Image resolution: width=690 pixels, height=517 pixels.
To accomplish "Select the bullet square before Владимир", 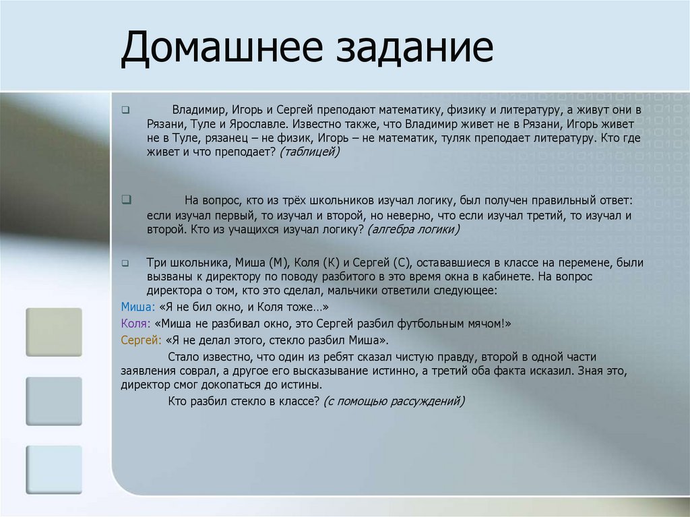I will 125,109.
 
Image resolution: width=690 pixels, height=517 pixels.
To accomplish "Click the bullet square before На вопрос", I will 125,200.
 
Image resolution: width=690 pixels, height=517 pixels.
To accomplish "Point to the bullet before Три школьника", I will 125,262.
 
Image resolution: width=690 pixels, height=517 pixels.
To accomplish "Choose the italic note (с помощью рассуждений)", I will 394,401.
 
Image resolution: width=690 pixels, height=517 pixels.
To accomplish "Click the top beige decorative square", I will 54,332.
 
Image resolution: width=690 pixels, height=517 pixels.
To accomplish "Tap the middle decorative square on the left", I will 54,401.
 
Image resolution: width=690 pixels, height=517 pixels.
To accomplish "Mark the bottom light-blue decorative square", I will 54,470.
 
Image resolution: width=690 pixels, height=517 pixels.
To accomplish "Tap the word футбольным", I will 408,324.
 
